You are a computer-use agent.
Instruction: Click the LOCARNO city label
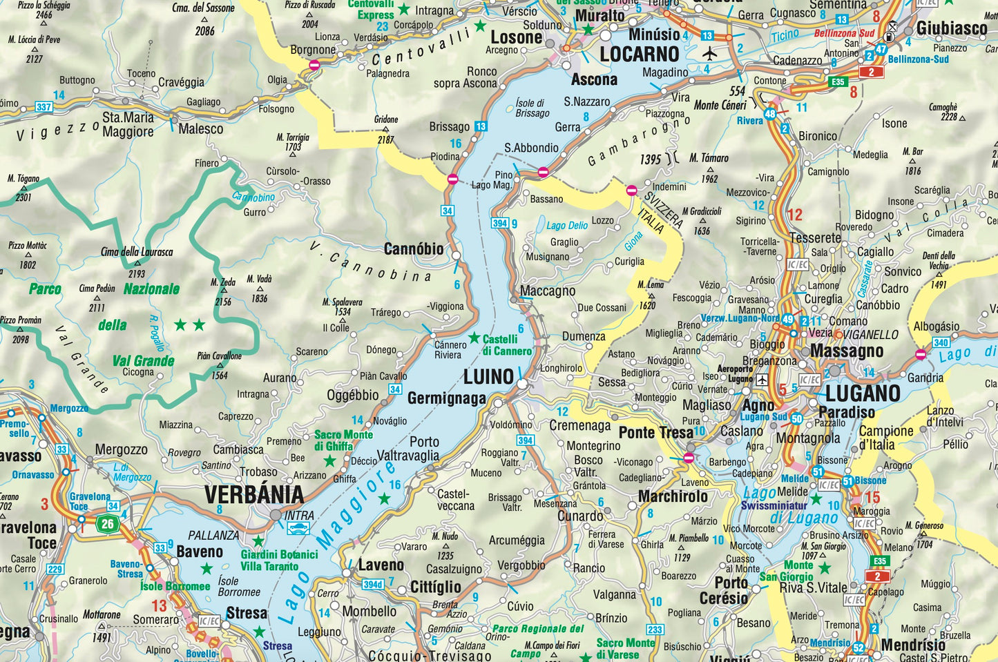[x=640, y=55]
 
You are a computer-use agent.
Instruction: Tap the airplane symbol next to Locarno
[x=709, y=53]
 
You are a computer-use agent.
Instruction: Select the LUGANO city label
[x=863, y=393]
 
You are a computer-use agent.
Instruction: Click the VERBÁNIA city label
[x=254, y=494]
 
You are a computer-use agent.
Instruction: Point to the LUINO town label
[x=488, y=377]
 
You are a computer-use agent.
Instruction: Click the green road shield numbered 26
[x=108, y=523]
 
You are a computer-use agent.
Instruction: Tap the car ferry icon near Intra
[x=298, y=529]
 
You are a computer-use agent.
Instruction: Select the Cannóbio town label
[x=414, y=249]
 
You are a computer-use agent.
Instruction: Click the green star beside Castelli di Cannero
[x=474, y=338]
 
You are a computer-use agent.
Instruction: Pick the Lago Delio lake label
[x=567, y=225]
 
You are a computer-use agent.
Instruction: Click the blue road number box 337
[x=44, y=107]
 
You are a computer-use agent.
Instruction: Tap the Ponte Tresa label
[x=655, y=433]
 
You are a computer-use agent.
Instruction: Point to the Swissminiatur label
[x=774, y=505]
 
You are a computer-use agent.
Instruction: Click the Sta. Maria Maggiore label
[x=128, y=124]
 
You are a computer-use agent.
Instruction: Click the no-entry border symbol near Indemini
[x=631, y=190]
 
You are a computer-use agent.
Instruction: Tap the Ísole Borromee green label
[x=175, y=586]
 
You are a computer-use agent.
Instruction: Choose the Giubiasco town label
[x=952, y=28]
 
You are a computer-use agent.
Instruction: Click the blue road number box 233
[x=655, y=630]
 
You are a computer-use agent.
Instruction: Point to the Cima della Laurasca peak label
[x=137, y=252]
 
